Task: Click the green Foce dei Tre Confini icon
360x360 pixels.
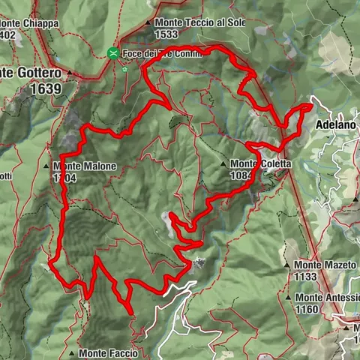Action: pos(112,53)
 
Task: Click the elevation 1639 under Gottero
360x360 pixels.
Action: pos(46,88)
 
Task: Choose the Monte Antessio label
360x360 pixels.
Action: pos(327,298)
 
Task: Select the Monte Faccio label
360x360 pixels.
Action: pos(108,352)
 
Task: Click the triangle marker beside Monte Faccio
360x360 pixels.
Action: pos(72,352)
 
